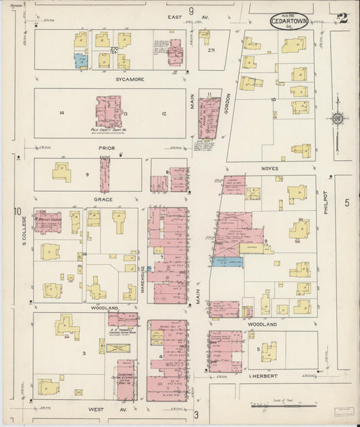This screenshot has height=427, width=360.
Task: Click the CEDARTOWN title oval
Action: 290,20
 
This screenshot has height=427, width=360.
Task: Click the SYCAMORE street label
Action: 110,79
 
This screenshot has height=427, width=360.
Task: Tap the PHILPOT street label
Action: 325,202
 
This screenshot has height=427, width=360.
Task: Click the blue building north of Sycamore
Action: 81,61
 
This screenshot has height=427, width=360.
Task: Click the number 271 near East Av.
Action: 211,51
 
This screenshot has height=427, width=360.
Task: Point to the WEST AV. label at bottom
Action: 99,410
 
